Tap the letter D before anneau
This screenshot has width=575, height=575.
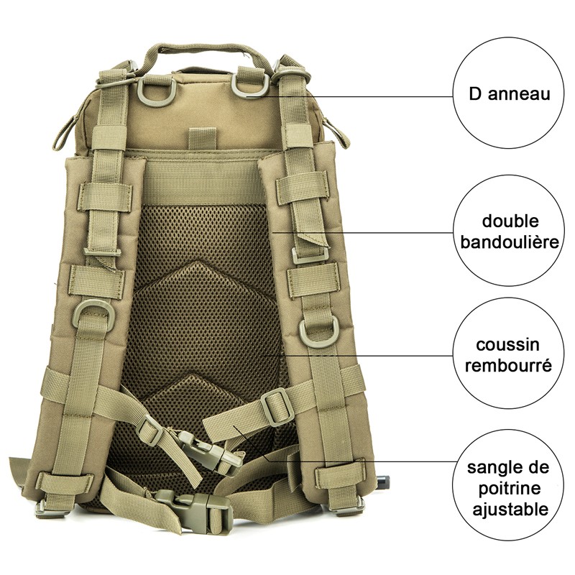tap(475, 93)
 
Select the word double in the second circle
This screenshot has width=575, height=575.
tap(510, 221)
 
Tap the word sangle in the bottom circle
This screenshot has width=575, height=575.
tap(493, 468)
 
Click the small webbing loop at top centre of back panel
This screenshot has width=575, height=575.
tap(202, 137)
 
